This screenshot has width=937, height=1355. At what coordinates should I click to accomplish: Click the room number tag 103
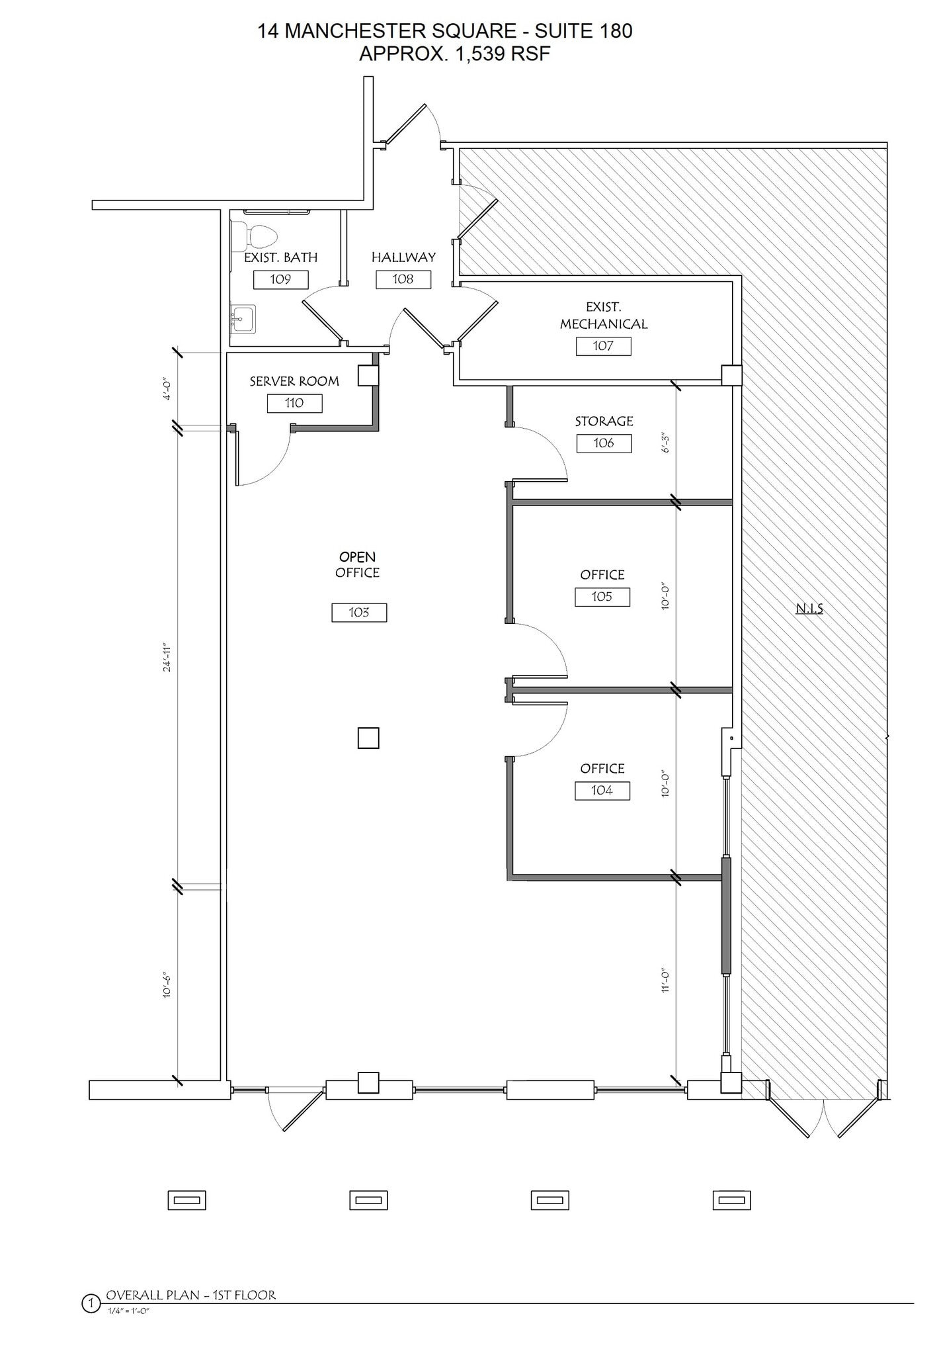tap(359, 613)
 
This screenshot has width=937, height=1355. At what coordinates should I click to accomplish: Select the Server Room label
tap(294, 381)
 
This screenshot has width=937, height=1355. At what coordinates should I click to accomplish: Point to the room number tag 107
tap(603, 346)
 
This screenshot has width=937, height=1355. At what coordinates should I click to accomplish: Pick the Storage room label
tap(604, 421)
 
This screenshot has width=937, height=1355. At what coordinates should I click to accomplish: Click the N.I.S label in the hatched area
tap(809, 608)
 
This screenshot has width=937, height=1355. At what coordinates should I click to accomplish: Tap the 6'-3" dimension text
tap(666, 443)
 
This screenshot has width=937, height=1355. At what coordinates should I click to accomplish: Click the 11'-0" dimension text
tap(666, 981)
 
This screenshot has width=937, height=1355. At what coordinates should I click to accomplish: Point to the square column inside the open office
tap(368, 738)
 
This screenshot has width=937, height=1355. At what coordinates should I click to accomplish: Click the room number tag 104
tap(602, 791)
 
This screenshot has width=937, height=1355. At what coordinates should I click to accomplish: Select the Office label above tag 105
tap(602, 574)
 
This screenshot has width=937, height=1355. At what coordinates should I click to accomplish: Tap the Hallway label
tap(403, 257)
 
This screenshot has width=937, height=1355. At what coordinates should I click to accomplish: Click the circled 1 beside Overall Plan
tap(90, 1304)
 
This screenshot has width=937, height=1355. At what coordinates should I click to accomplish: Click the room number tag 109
tap(280, 279)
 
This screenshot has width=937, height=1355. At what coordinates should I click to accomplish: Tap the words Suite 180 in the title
tap(583, 30)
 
